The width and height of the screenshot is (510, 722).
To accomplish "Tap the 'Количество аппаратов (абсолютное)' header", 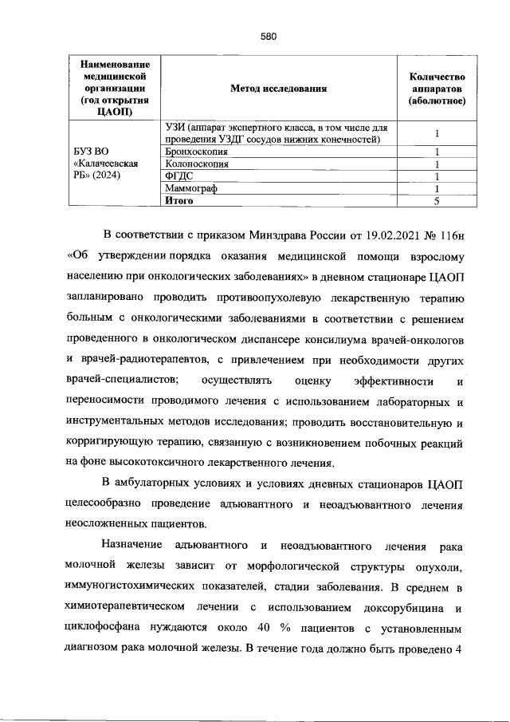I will tap(437, 89).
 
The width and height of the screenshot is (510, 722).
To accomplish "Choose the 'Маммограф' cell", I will tap(191, 188).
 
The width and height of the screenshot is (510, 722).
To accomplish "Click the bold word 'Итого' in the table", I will tap(179, 200).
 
